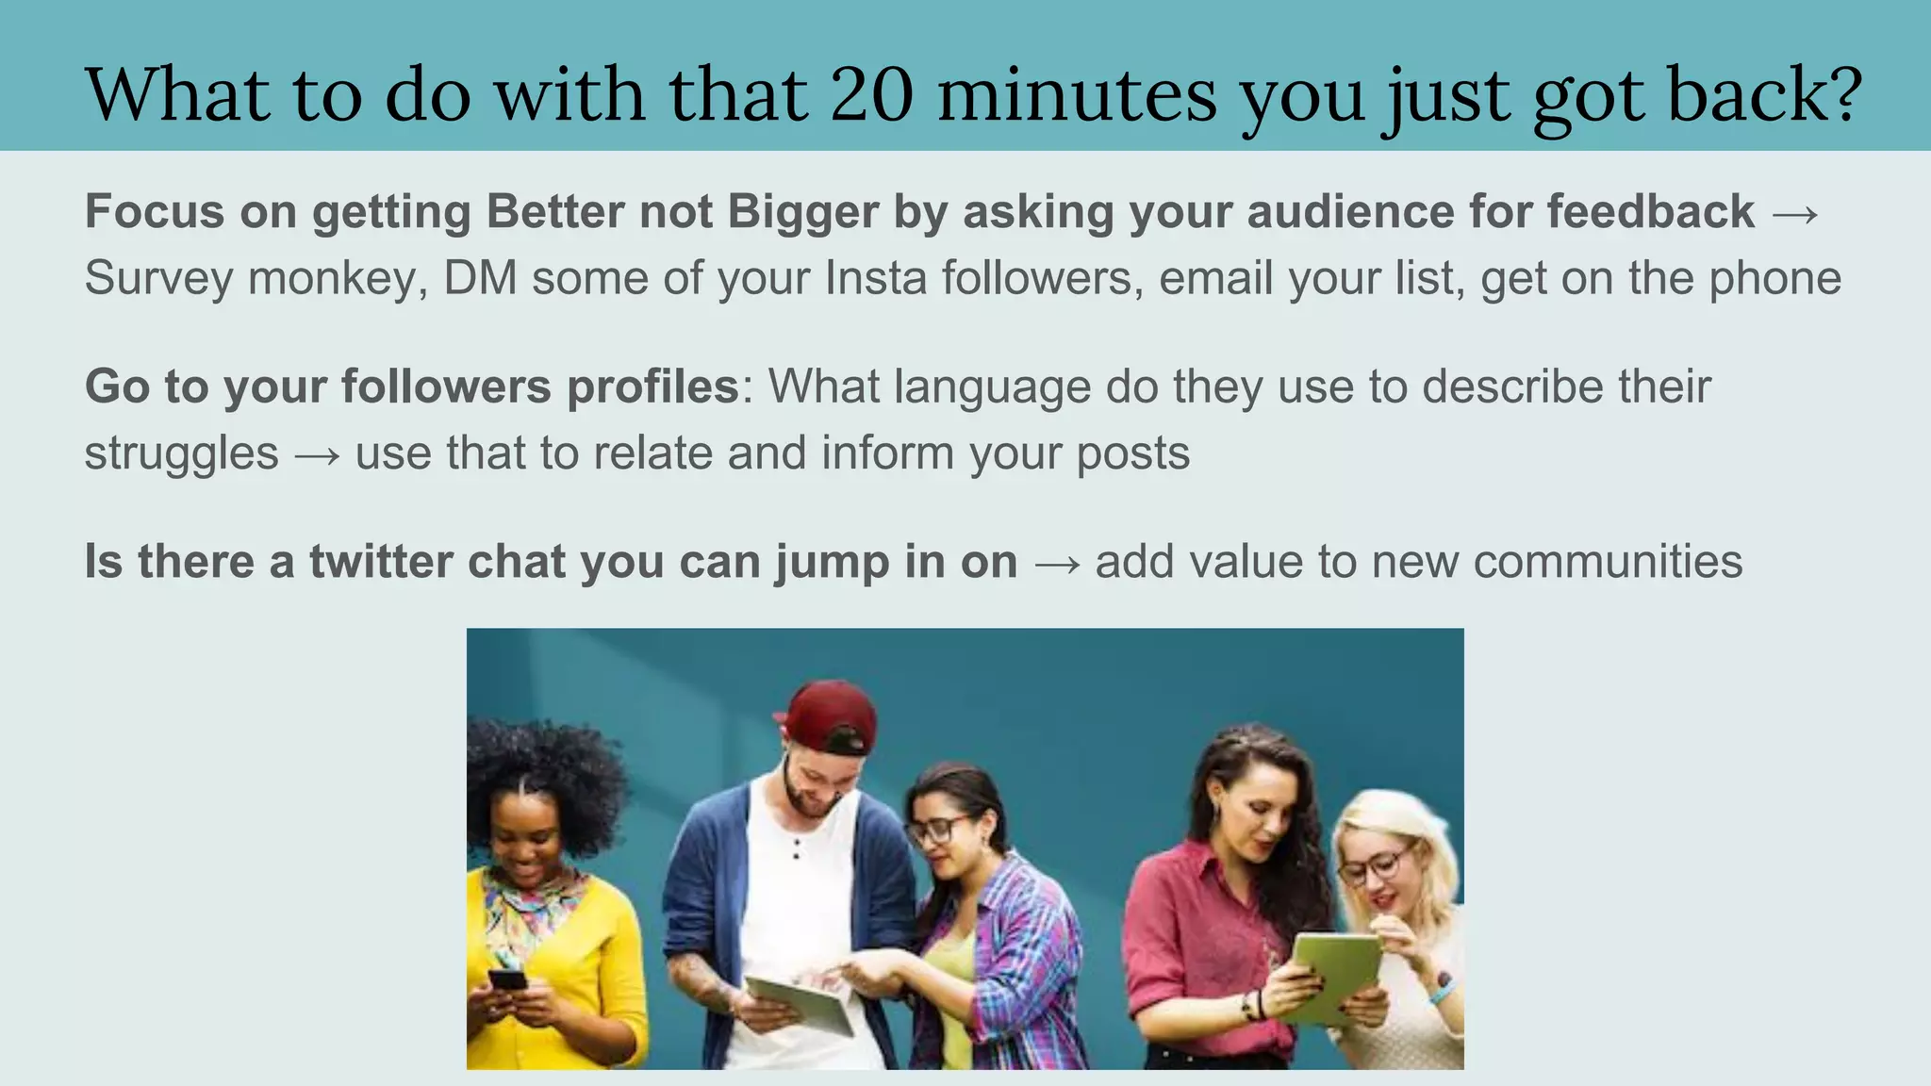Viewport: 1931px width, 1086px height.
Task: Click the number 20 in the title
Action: click(872, 95)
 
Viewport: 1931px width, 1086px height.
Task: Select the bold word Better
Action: click(554, 211)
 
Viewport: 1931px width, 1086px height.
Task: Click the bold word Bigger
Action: click(803, 211)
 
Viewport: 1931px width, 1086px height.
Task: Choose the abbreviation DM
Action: click(480, 278)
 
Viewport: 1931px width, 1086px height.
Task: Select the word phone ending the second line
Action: click(1775, 278)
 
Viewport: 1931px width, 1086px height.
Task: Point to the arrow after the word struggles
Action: click(317, 455)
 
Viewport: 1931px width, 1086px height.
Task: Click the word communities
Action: click(1608, 562)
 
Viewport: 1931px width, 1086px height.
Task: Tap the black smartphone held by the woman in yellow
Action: click(508, 979)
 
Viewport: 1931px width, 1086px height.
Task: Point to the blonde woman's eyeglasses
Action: click(1375, 866)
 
